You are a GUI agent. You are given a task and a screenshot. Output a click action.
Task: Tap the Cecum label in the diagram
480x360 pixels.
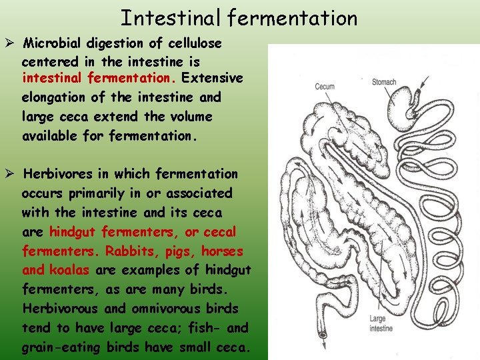(326, 87)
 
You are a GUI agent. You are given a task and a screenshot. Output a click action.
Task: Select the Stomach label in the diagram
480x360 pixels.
(384, 83)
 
